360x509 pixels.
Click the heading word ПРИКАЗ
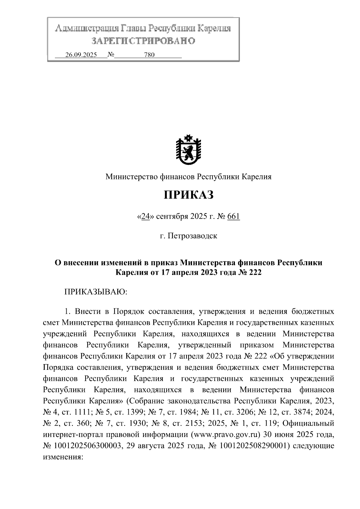[x=188, y=195]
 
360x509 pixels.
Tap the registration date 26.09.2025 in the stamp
[x=81, y=55]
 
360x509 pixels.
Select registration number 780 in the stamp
[x=149, y=55]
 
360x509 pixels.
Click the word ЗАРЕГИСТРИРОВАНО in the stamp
[x=143, y=41]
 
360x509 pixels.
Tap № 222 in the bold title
[x=249, y=273]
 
